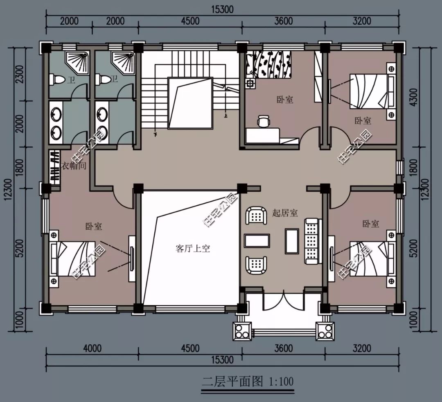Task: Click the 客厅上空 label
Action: (x=193, y=249)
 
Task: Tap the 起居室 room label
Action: (x=285, y=213)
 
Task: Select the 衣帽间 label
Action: (x=74, y=166)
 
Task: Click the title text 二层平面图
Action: (x=232, y=382)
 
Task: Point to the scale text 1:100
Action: (x=281, y=382)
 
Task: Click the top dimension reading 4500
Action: (x=190, y=21)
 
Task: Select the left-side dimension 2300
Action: (x=20, y=74)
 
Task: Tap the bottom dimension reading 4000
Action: (x=92, y=348)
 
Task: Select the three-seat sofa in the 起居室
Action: (x=313, y=241)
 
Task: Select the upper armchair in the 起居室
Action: (x=256, y=216)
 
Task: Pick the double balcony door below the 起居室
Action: (x=284, y=302)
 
